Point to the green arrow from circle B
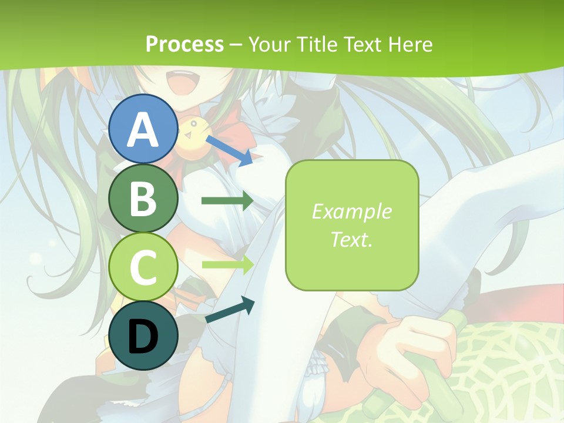(x=227, y=201)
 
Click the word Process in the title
(x=184, y=44)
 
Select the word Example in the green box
(x=351, y=211)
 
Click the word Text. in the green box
(x=351, y=239)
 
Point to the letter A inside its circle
(x=143, y=129)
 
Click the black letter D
(x=143, y=338)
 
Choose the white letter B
(x=143, y=199)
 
